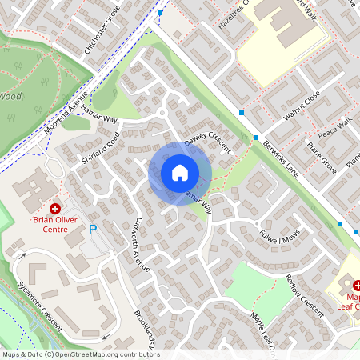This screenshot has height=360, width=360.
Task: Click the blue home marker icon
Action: (180, 172)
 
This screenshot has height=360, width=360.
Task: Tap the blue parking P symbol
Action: (93, 230)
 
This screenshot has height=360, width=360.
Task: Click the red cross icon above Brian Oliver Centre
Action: (55, 207)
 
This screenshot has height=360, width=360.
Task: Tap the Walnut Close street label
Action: (302, 106)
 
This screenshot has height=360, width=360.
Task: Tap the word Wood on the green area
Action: (10, 96)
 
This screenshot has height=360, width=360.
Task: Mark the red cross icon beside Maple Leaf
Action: (357, 285)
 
